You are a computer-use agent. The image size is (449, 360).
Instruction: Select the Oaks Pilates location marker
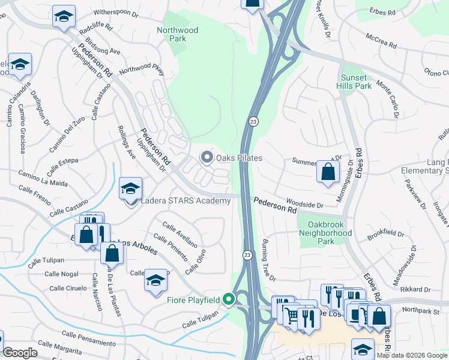coord(207,158)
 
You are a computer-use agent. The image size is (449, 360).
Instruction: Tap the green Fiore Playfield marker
coord(228,298)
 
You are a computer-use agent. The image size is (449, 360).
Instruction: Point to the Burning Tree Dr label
coord(268,260)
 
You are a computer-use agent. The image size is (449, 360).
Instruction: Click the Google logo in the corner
coord(20,353)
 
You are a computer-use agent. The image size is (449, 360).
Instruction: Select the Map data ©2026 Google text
coord(412,355)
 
